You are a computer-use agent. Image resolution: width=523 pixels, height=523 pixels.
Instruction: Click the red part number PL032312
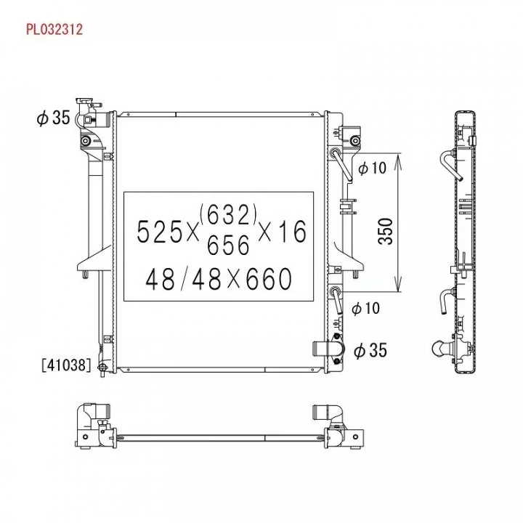click(x=54, y=29)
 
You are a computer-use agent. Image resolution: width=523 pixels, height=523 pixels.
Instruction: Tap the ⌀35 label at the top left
click(x=53, y=118)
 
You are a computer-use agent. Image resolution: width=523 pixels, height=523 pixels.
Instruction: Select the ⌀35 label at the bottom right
click(x=370, y=351)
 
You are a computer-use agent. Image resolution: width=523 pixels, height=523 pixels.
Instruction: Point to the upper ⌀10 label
click(x=372, y=168)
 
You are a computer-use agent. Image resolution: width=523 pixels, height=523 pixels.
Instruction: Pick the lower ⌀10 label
click(x=366, y=308)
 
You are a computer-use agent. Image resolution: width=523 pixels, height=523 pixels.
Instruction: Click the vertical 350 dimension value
click(x=386, y=232)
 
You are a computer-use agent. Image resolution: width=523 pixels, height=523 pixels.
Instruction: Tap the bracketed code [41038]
click(x=66, y=365)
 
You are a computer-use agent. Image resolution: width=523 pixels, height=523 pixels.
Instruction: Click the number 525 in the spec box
click(x=160, y=232)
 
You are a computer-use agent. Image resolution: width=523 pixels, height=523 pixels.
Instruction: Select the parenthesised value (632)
click(x=229, y=214)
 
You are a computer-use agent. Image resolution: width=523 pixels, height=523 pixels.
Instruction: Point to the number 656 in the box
click(x=229, y=245)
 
